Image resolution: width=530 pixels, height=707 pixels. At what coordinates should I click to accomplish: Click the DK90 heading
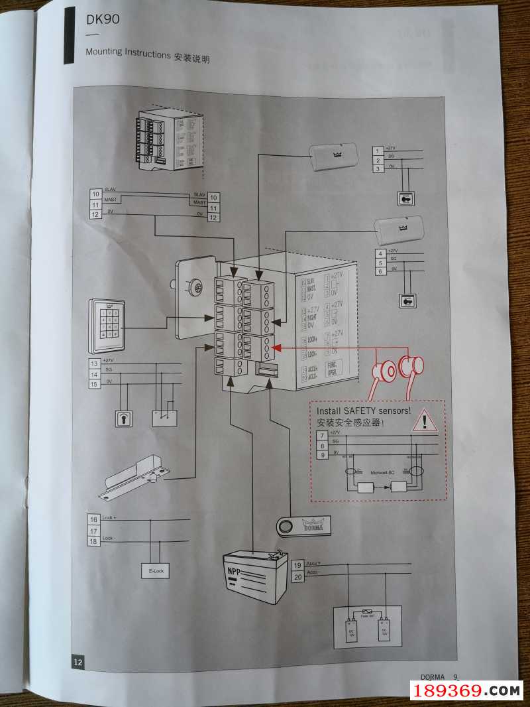click(x=103, y=20)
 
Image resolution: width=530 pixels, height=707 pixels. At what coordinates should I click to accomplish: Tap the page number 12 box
click(x=78, y=661)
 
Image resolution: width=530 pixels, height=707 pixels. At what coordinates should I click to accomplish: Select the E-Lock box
click(x=155, y=570)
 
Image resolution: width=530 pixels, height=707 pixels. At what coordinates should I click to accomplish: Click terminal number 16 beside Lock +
click(x=94, y=519)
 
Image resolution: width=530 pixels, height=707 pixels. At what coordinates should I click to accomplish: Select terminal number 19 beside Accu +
click(x=297, y=565)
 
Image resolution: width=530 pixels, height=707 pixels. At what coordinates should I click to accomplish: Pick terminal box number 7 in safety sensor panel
click(x=322, y=436)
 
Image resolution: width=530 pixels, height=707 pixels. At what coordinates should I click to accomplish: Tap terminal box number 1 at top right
click(x=378, y=152)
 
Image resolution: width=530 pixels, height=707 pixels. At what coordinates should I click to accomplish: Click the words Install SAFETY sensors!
click(x=364, y=411)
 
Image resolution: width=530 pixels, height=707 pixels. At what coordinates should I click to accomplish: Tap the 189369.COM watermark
click(x=468, y=691)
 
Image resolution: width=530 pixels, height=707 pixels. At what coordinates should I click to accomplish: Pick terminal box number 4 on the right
click(x=380, y=253)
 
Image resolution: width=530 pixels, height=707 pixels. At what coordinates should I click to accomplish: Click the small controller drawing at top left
click(x=169, y=139)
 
